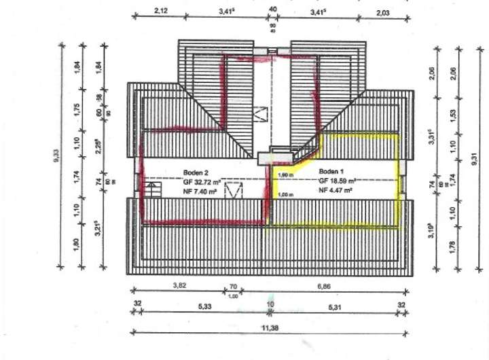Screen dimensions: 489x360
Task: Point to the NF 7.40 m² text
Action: click(200, 193)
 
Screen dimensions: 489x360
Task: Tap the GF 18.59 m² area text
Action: click(338, 181)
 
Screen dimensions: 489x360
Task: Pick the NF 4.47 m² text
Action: click(336, 192)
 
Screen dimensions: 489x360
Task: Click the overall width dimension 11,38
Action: click(271, 327)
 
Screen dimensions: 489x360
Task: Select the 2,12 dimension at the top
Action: click(160, 10)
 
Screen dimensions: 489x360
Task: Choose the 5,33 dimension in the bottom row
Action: click(205, 306)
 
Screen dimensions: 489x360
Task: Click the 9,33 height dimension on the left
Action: click(56, 158)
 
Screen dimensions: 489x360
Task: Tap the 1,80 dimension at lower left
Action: click(77, 242)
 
